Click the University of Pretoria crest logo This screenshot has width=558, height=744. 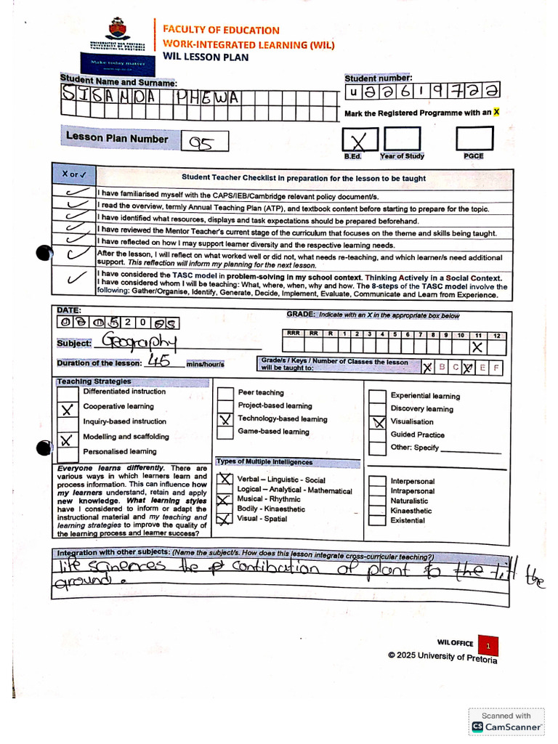116,30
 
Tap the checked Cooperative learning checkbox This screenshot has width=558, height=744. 67,409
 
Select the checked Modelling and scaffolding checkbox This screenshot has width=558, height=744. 67,440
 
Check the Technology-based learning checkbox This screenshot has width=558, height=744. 225,419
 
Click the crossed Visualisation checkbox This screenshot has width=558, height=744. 378,422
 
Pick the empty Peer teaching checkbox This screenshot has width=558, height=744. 225,393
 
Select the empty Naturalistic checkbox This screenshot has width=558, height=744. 377,501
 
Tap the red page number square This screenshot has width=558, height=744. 489,645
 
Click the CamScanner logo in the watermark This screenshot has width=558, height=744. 478,727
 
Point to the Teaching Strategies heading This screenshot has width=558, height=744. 94,381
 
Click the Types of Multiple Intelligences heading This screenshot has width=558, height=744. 264,462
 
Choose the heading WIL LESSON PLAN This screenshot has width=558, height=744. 206,57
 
